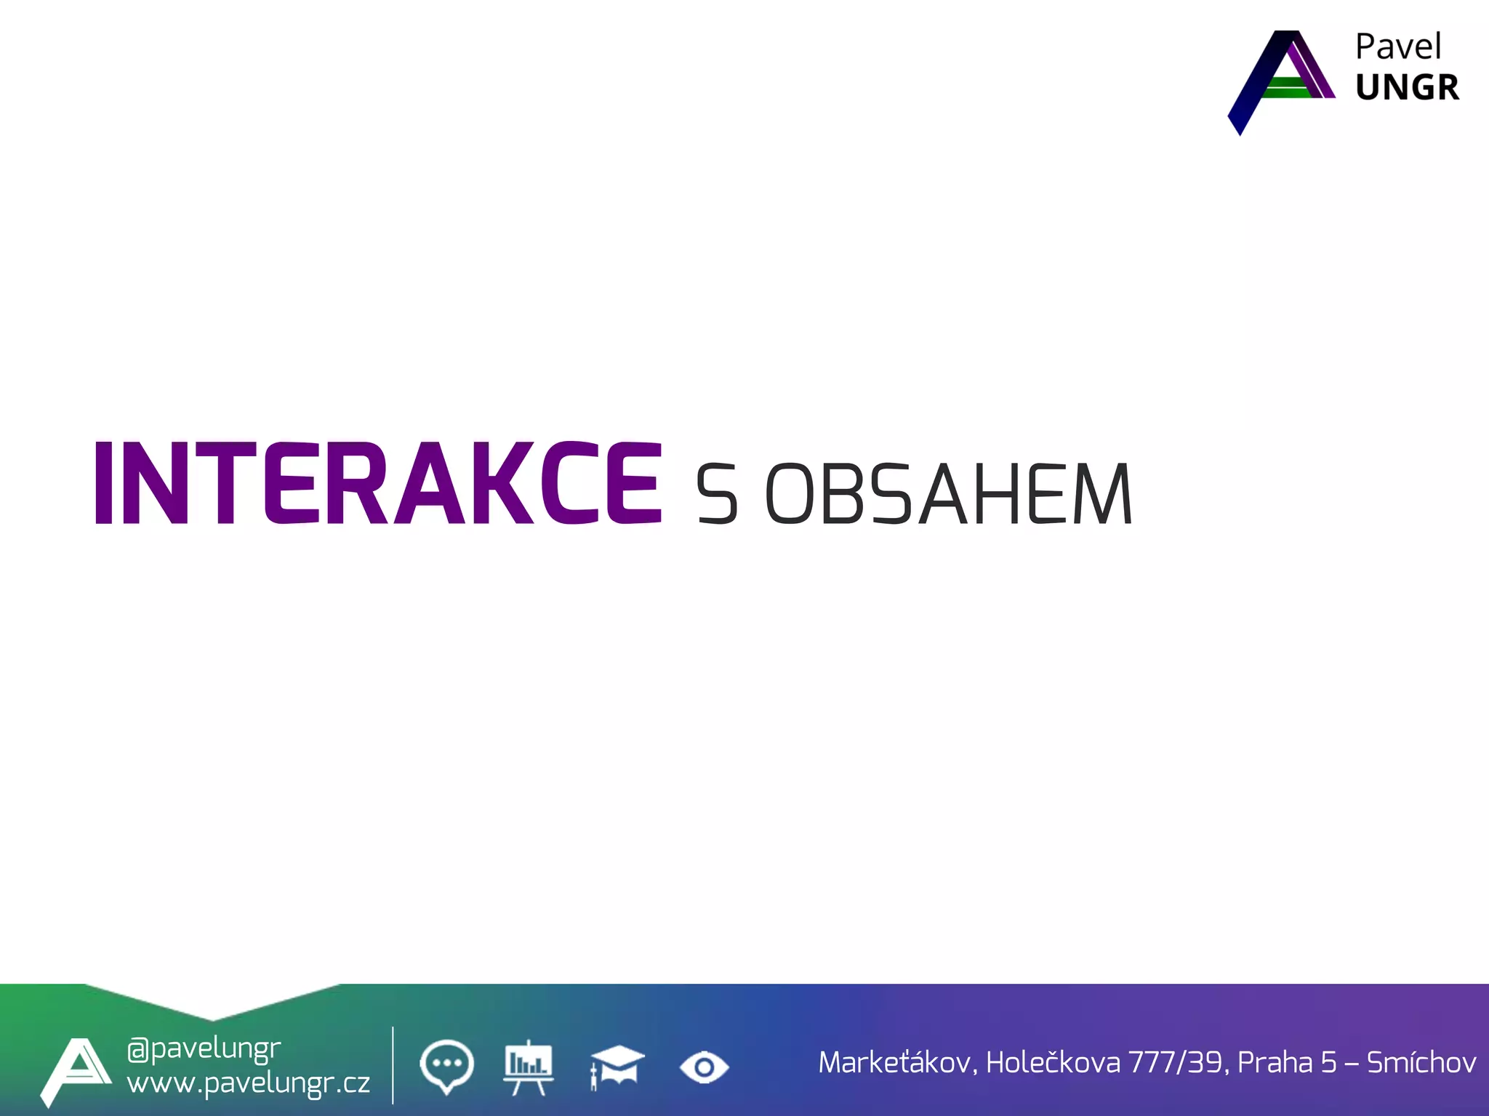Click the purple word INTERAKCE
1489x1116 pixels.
click(x=378, y=482)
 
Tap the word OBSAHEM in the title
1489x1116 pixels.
click(x=949, y=495)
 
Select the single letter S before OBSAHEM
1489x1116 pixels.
click(x=717, y=495)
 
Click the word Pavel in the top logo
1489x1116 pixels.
click(x=1397, y=48)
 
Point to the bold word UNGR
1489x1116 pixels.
click(x=1407, y=88)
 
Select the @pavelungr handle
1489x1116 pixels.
click(x=204, y=1048)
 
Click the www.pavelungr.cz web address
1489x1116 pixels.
click(x=248, y=1083)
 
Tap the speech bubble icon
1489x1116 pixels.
click(x=446, y=1066)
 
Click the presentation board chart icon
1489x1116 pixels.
click(x=529, y=1066)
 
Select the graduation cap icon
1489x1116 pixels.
click(x=617, y=1066)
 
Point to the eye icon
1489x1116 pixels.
click(x=704, y=1067)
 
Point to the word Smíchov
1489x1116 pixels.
click(x=1421, y=1063)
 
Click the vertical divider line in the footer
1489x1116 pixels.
click(x=393, y=1065)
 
